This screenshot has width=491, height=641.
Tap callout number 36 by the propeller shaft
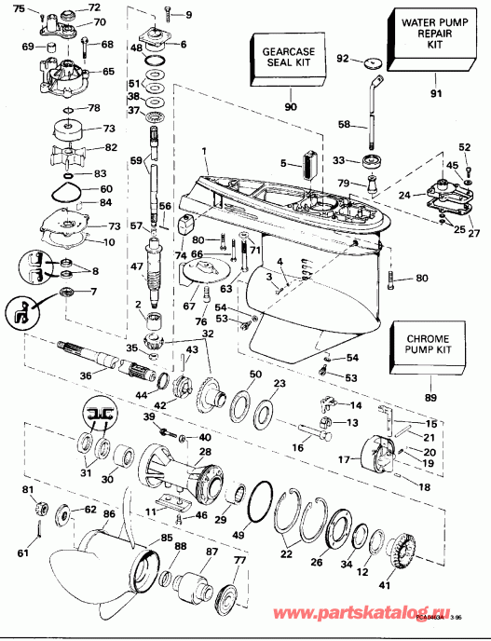point(87,375)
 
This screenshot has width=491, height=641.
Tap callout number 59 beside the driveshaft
point(137,161)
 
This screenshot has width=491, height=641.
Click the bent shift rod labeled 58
point(372,102)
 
